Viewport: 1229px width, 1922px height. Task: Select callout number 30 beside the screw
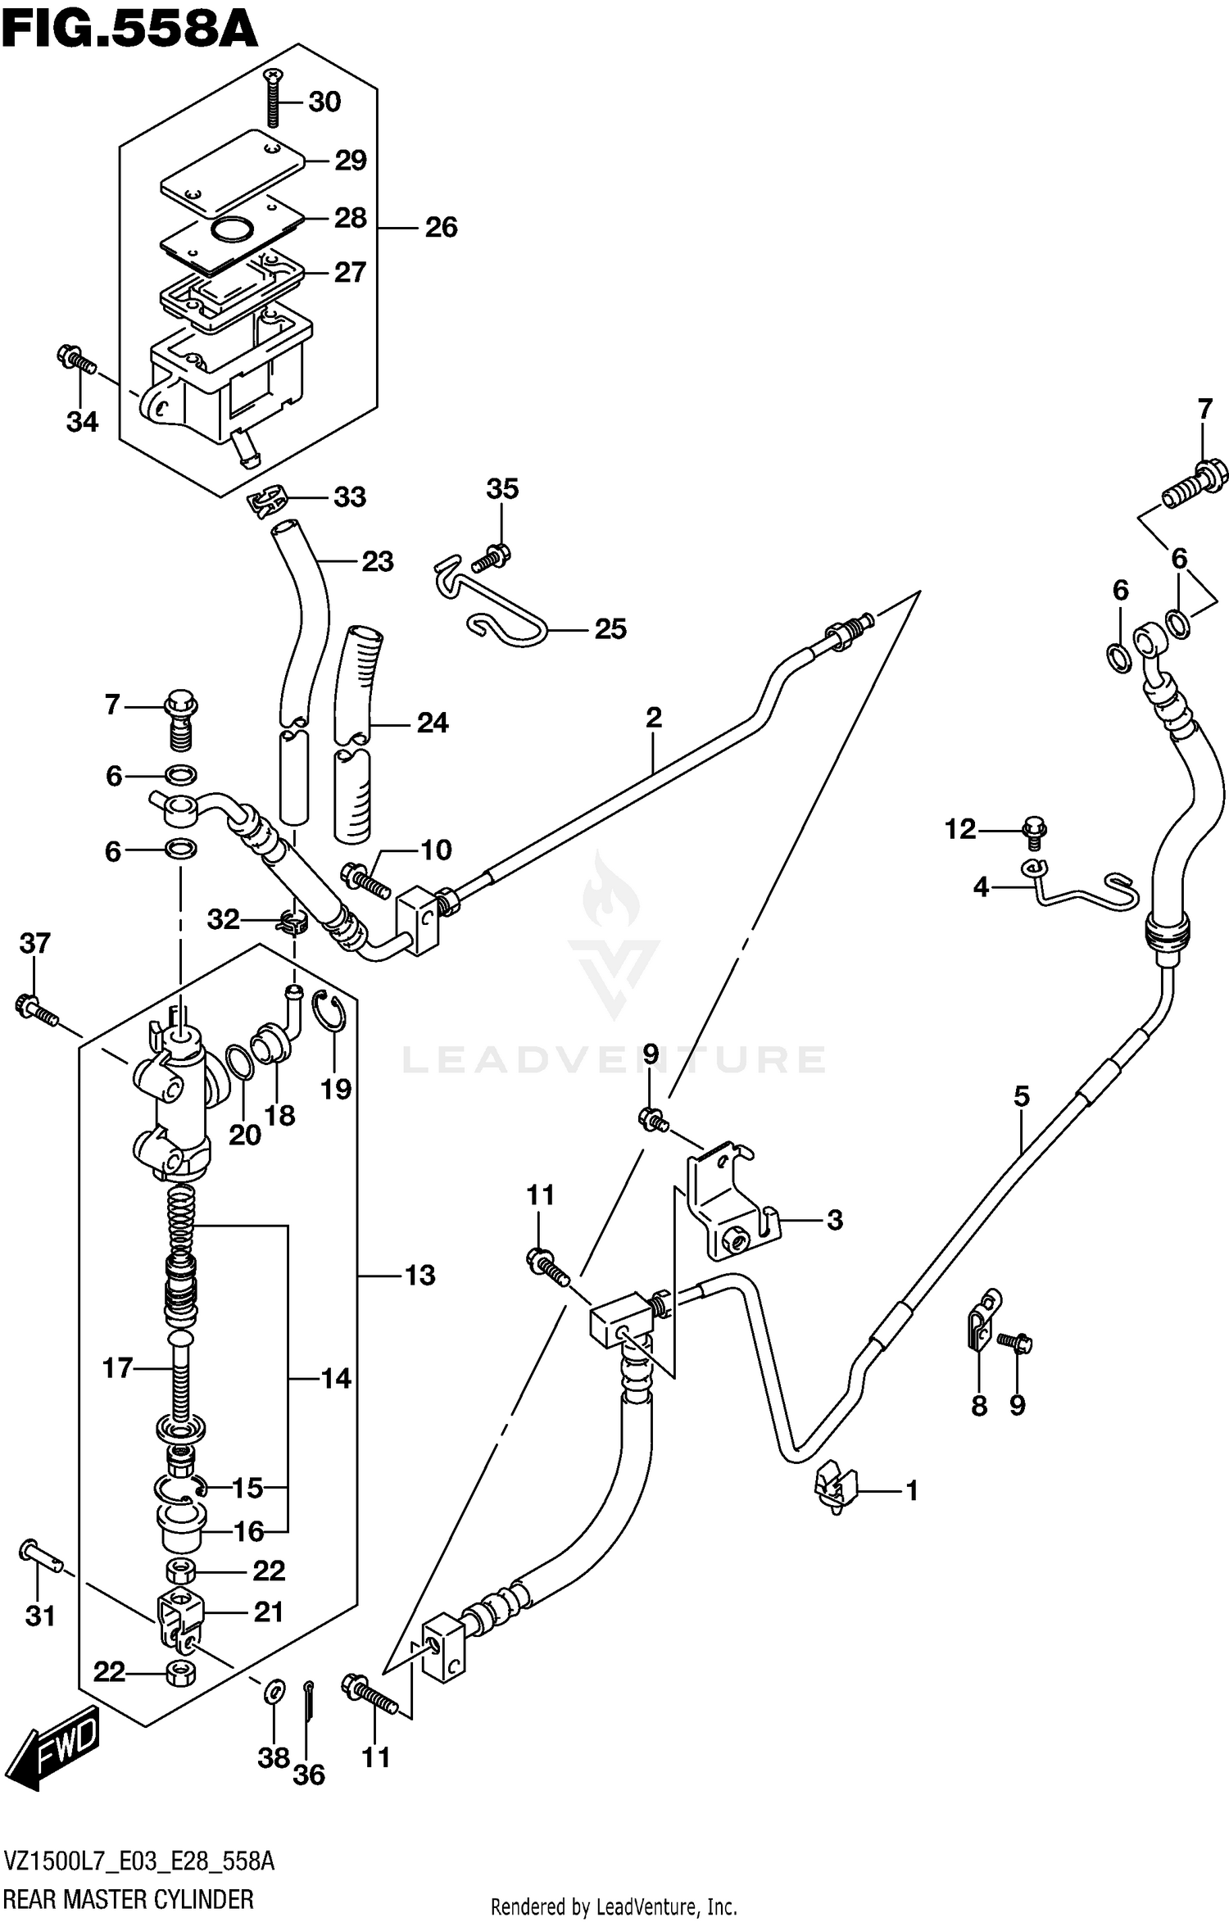324,102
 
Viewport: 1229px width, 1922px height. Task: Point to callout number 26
441,228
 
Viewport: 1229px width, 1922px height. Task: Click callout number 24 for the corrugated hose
433,723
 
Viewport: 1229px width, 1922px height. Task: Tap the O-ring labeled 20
239,1063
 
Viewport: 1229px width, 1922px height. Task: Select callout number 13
419,1276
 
